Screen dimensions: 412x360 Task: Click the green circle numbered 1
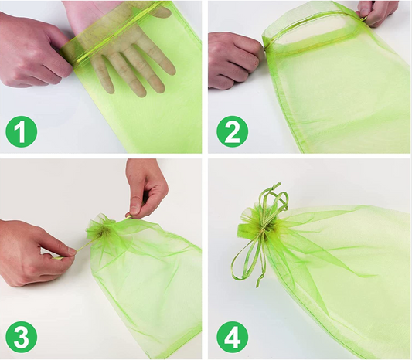tap(22, 131)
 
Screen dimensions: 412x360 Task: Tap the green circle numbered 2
tap(232, 131)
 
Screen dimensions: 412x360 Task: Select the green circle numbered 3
tap(22, 337)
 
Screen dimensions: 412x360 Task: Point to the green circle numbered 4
tap(232, 337)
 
